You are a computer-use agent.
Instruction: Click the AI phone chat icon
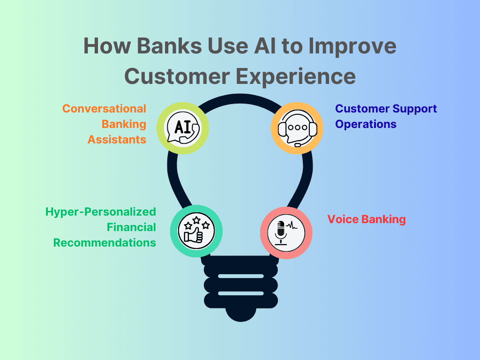183,127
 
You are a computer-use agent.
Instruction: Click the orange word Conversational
104,109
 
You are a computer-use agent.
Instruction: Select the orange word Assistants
117,140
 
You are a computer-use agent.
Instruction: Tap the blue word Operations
366,124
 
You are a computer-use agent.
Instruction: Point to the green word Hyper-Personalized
100,212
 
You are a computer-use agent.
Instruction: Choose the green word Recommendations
105,243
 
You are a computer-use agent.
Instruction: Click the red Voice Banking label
366,219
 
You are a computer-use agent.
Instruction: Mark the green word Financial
131,227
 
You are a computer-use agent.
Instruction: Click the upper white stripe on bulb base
240,276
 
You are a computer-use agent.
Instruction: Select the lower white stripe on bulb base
240,293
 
